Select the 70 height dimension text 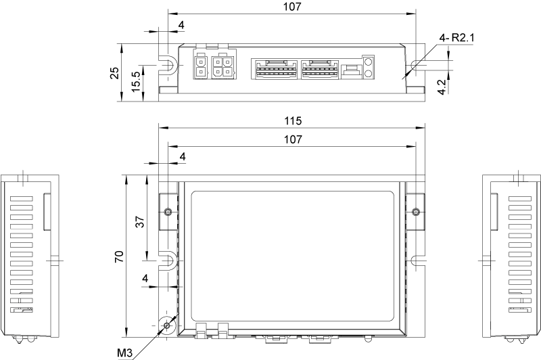coord(118,256)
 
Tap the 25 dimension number coord(116,72)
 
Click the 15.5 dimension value coord(137,82)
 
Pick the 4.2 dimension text coord(441,87)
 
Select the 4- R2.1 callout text coord(457,39)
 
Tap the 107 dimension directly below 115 coord(292,139)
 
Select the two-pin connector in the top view coord(202,66)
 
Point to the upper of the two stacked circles coord(369,62)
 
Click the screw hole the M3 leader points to coord(166,325)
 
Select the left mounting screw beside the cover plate coord(167,212)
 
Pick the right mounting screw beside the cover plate coord(415,212)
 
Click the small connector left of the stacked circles coord(350,70)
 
